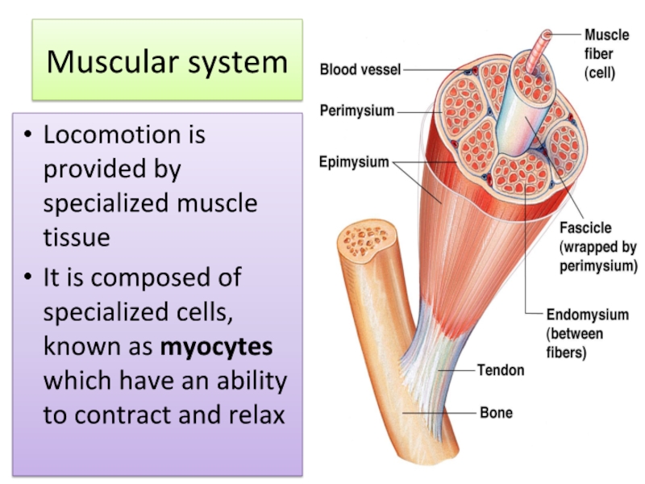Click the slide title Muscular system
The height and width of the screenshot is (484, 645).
pyautogui.click(x=167, y=62)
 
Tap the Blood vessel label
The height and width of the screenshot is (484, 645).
pyautogui.click(x=360, y=70)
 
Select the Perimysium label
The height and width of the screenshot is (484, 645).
pyautogui.click(x=357, y=111)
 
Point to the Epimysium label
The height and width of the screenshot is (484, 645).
pyautogui.click(x=354, y=162)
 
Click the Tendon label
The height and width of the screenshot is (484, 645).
pyautogui.click(x=501, y=370)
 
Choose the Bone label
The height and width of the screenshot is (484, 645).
pyautogui.click(x=496, y=413)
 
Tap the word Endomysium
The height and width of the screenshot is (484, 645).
pyautogui.click(x=587, y=315)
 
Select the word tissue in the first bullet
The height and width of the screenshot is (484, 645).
pyautogui.click(x=77, y=237)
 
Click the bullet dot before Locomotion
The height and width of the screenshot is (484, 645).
pyautogui.click(x=28, y=135)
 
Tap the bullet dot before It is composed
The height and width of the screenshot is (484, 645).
pyautogui.click(x=28, y=279)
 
